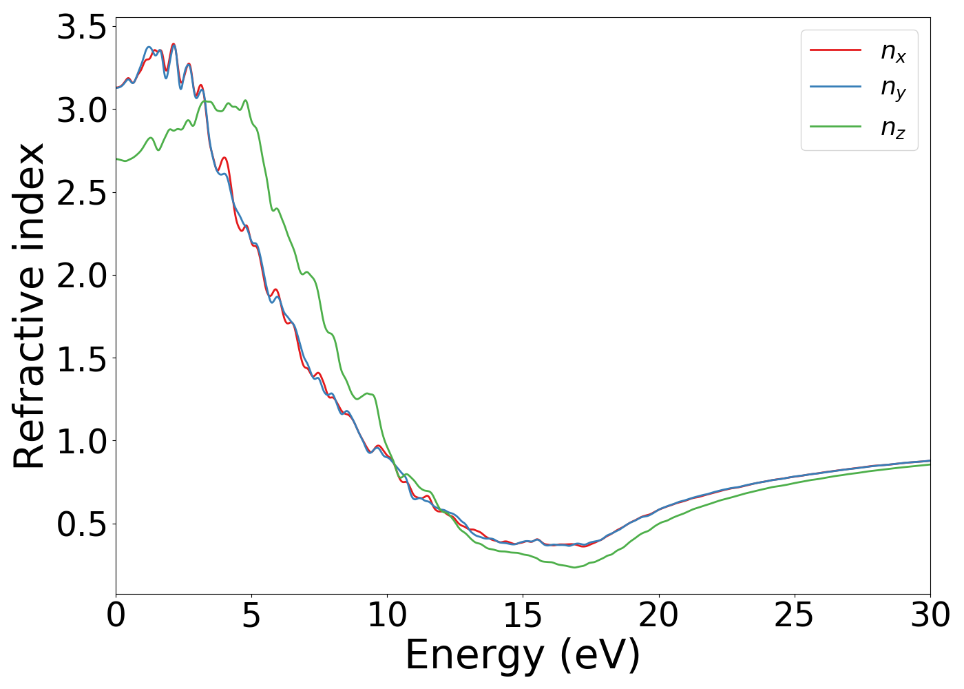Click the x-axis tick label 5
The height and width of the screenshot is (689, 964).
251,615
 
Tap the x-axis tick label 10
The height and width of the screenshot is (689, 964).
387,615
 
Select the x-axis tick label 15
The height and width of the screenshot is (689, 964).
523,615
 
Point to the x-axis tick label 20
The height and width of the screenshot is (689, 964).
659,615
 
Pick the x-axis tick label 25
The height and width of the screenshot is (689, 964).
795,615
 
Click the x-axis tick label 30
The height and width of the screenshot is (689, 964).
930,615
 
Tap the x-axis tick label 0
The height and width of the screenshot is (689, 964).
116,615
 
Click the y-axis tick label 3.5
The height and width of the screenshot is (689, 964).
81,28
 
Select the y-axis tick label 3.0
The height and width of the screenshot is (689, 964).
81,110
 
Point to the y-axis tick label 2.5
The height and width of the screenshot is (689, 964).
81,193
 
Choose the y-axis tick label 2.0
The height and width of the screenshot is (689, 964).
81,276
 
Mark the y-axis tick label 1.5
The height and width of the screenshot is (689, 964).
81,358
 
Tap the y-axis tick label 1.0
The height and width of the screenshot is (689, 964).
81,441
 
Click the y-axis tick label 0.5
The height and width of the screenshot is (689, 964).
81,524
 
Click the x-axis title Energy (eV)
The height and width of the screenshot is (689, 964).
523,655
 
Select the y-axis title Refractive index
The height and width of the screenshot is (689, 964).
29,306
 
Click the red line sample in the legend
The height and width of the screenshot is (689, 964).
835,50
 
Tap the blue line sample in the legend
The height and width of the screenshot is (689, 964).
835,88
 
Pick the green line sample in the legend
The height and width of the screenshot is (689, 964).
835,127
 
